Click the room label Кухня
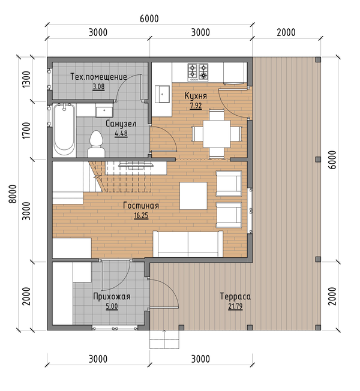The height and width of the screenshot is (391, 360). click(196, 96)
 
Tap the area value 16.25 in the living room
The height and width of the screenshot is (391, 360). click(141, 215)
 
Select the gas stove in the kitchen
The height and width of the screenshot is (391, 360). click(198, 73)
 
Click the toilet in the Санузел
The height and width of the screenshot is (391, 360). click(96, 144)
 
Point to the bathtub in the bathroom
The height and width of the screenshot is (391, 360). click(64, 130)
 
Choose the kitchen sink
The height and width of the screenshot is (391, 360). click(162, 94)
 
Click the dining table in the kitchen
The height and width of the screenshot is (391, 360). click(217, 134)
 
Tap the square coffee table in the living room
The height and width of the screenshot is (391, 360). click(193, 195)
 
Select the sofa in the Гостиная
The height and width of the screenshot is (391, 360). click(188, 244)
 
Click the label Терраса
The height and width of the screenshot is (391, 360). click(235, 296)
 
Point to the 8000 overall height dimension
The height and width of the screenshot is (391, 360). click(13, 194)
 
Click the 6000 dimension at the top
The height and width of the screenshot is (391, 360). click(149, 19)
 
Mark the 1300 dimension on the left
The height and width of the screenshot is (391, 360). click(26, 79)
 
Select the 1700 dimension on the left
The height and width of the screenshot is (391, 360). click(26, 130)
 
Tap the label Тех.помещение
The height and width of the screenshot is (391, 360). click(98, 77)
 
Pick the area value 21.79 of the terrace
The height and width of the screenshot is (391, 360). click(235, 306)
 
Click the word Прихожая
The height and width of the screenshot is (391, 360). click(112, 296)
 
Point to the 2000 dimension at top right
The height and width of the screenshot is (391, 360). click(286, 32)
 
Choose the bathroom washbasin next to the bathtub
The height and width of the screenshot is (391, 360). click(104, 111)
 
